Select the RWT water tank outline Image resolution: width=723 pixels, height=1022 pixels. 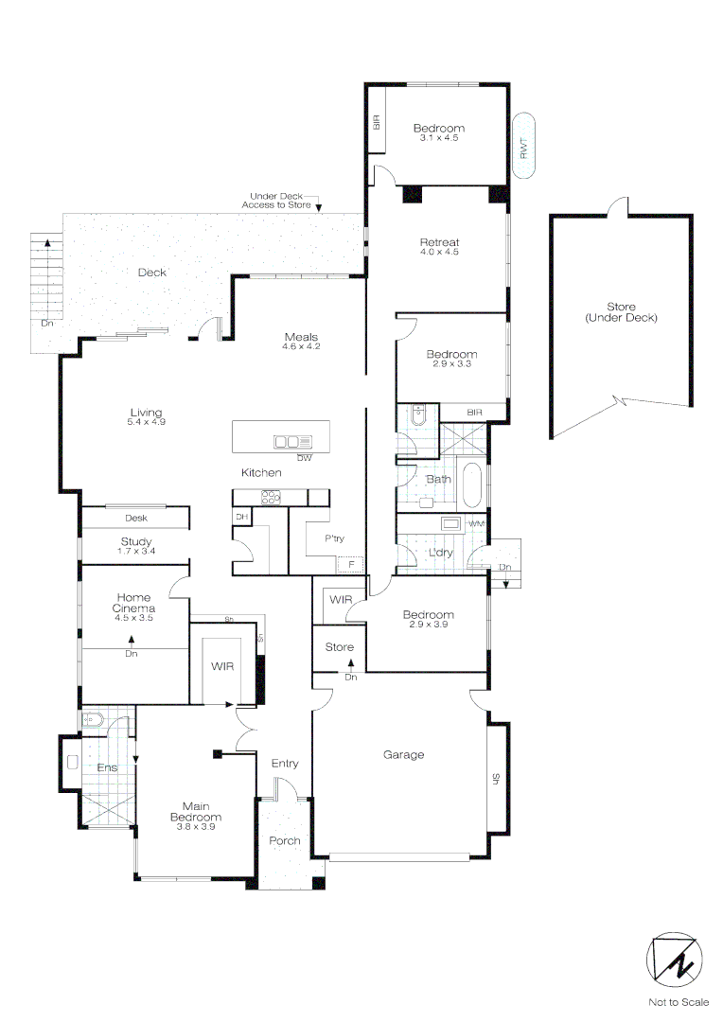(525, 145)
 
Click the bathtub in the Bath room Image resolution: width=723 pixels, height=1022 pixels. (472, 484)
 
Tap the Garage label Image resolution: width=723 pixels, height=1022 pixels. (403, 754)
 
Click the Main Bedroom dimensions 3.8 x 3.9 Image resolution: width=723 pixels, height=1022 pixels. (196, 827)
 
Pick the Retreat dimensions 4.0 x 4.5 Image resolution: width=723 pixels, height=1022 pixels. (439, 253)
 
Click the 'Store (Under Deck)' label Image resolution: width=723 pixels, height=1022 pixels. (621, 312)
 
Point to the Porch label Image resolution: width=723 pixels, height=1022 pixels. (285, 840)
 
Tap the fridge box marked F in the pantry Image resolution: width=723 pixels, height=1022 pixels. (351, 564)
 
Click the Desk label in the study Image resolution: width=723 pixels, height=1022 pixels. (135, 519)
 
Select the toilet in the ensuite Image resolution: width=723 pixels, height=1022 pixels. (93, 719)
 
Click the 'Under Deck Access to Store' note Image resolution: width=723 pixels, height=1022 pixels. (281, 200)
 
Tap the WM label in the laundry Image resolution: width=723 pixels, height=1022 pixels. (477, 523)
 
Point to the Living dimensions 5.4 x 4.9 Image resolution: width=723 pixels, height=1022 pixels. (146, 421)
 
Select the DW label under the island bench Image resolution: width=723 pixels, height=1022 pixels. (304, 458)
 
